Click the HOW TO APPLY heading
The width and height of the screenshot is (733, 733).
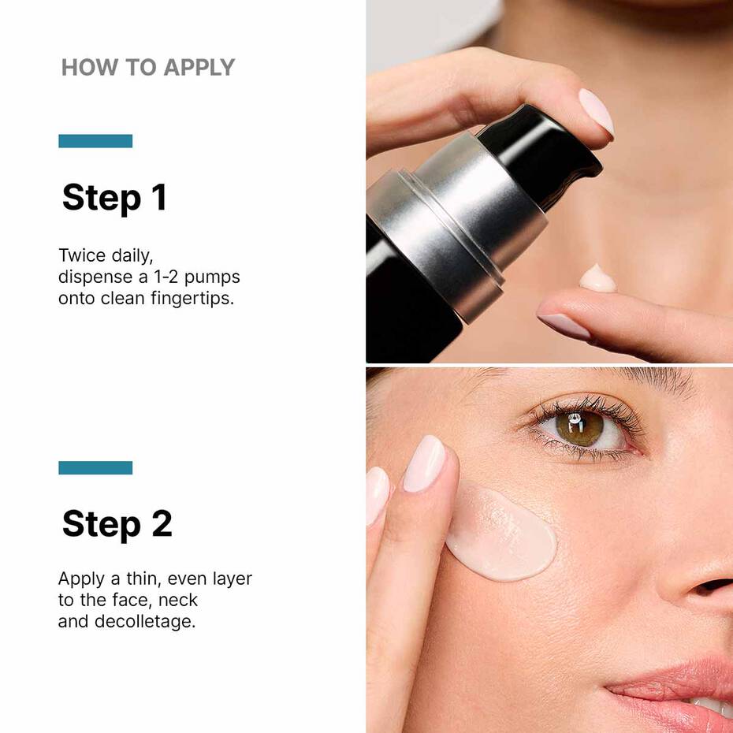click(x=148, y=67)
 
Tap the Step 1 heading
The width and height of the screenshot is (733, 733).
click(x=114, y=198)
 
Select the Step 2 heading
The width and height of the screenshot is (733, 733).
click(x=117, y=523)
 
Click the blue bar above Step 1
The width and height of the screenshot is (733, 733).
click(x=95, y=141)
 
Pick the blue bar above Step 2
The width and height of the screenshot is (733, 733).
click(x=95, y=467)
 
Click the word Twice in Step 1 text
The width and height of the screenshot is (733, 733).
click(x=80, y=255)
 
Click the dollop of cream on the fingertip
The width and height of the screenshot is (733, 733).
click(x=598, y=278)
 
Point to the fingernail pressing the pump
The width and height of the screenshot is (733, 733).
click(x=596, y=110)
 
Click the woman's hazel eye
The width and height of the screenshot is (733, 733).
click(x=580, y=428)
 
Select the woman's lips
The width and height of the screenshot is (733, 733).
click(x=678, y=686)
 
